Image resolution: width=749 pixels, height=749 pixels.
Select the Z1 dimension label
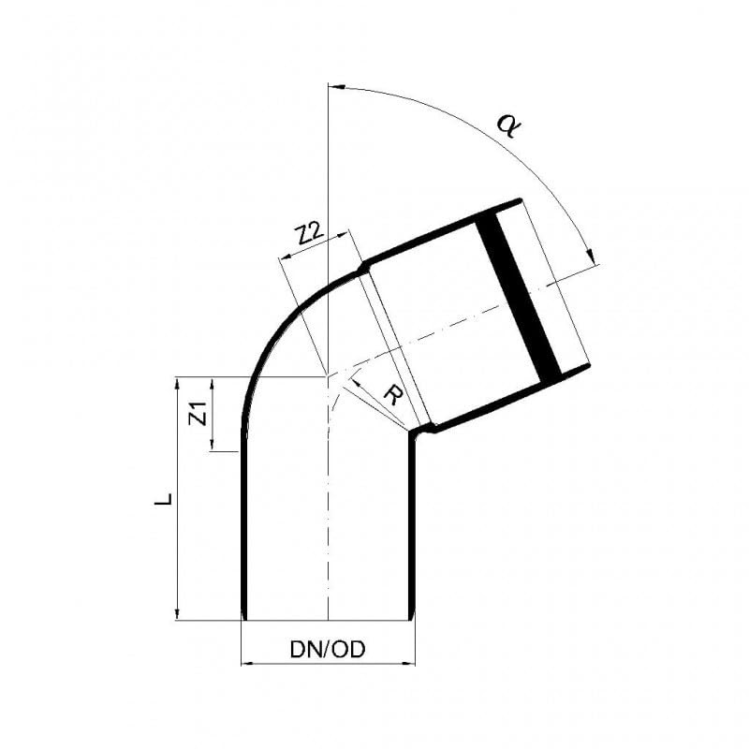point(197,413)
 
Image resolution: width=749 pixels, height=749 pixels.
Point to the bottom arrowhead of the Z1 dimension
point(213,446)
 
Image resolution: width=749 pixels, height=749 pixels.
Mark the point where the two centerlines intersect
point(327,376)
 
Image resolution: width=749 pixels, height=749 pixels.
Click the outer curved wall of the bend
point(272,328)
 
